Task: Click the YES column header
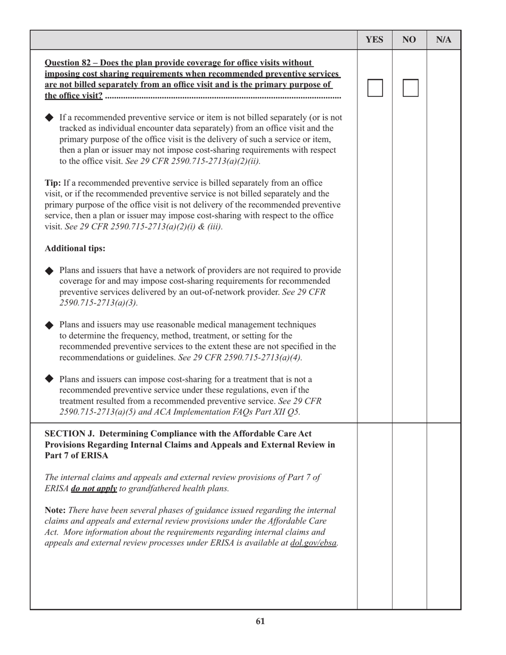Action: click(x=374, y=40)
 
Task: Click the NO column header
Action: click(x=409, y=40)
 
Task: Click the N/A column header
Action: click(x=443, y=40)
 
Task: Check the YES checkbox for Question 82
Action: click(x=375, y=88)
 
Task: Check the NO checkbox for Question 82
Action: click(x=410, y=88)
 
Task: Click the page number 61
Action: click(x=260, y=621)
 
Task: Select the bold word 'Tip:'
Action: click(x=53, y=183)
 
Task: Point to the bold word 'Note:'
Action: click(x=55, y=510)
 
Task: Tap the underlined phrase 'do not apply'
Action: click(x=94, y=488)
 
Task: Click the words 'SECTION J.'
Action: click(x=68, y=433)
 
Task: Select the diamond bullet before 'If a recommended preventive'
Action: click(x=50, y=117)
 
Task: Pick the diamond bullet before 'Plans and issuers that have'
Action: click(x=50, y=271)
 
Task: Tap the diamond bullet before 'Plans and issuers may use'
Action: click(x=50, y=325)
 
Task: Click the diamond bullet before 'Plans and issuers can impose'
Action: click(x=50, y=379)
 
